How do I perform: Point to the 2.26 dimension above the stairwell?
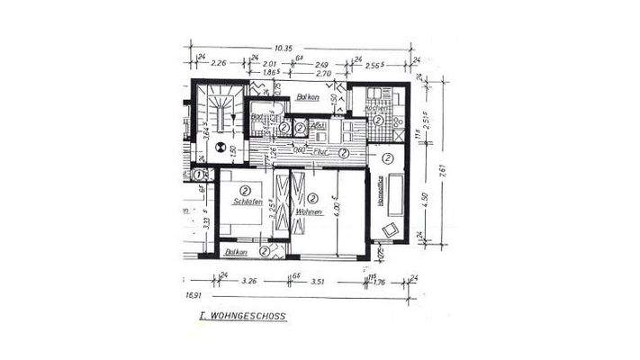pyautogui.click(x=218, y=64)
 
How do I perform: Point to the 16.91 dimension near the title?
pyautogui.click(x=194, y=294)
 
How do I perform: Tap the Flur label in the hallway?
pyautogui.click(x=319, y=152)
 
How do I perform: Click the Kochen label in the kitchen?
pyautogui.click(x=377, y=107)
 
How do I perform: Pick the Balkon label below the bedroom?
pyautogui.click(x=236, y=252)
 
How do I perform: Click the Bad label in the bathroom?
pyautogui.click(x=257, y=118)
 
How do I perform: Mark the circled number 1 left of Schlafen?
pyautogui.click(x=198, y=175)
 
